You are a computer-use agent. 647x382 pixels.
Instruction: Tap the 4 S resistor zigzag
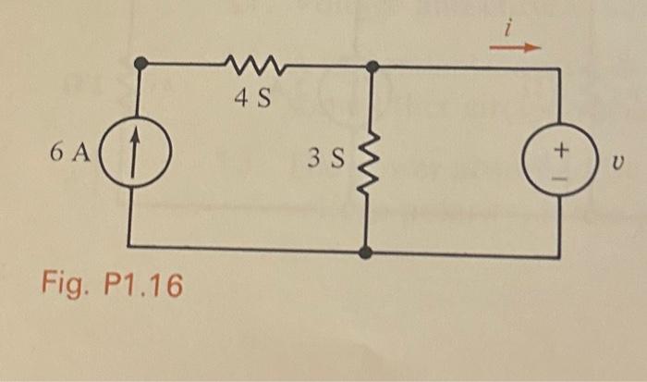coord(250,65)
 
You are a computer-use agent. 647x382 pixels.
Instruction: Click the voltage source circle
coord(559,159)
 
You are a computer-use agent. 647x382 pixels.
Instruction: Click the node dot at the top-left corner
coord(140,63)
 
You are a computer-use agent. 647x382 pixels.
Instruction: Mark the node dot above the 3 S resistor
coord(372,67)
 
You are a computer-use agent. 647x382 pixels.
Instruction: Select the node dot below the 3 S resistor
coord(367,252)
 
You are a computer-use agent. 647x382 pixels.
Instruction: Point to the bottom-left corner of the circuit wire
coord(128,247)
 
